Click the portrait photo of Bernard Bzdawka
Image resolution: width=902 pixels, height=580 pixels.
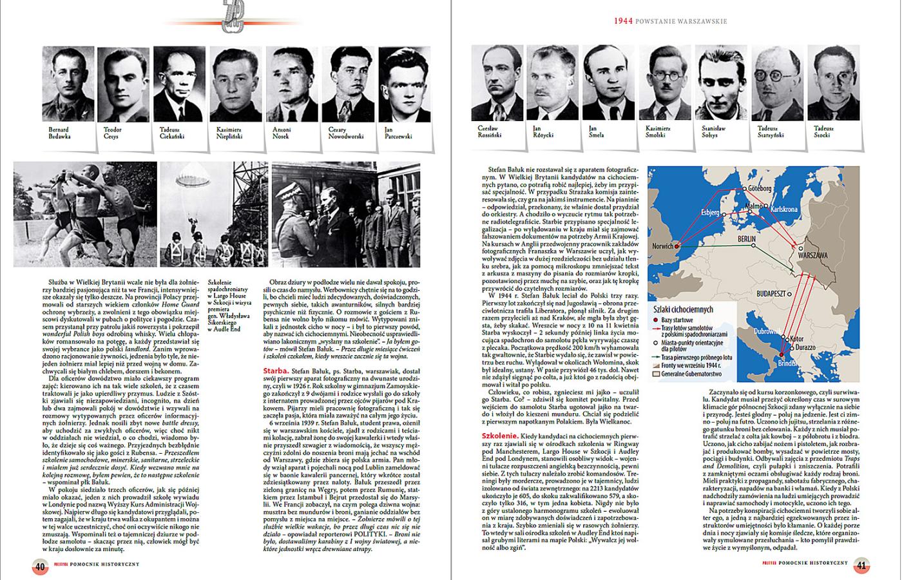68,84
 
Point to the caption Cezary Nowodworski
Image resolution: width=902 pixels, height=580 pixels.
346,133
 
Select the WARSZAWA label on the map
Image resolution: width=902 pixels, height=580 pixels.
812,256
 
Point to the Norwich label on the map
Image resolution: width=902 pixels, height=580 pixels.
662,246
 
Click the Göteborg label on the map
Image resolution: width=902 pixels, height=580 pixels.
760,188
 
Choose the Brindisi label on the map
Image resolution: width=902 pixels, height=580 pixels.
787,363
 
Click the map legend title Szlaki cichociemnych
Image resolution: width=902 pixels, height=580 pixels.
683,309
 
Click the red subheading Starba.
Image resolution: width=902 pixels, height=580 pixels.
275,371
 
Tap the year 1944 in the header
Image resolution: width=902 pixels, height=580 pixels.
622,21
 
